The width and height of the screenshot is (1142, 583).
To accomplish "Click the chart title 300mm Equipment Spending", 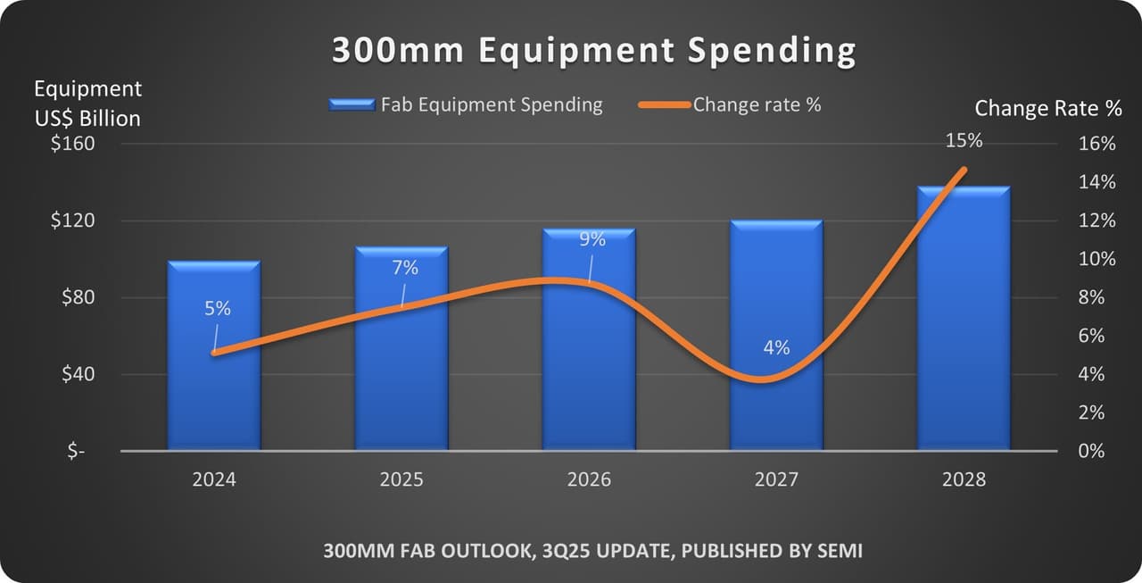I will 593,51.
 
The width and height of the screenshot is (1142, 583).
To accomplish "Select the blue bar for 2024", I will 214,375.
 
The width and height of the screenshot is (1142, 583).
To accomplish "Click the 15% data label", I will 964,140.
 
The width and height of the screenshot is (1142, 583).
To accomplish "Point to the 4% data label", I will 776,347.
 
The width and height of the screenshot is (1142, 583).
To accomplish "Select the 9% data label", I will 592,238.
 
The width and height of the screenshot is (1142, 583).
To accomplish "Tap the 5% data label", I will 218,308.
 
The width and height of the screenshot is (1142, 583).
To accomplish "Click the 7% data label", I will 405,268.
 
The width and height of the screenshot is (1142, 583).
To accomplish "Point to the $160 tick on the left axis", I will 73,144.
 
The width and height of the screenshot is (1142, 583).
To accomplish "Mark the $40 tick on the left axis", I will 78,374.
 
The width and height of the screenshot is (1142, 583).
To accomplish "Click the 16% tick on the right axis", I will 1096,144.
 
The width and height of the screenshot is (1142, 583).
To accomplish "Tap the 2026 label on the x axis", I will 589,479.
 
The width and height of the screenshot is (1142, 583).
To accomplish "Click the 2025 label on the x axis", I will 401,479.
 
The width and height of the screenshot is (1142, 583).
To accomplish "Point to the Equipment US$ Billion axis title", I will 87,103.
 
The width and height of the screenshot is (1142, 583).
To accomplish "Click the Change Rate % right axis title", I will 1048,108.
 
